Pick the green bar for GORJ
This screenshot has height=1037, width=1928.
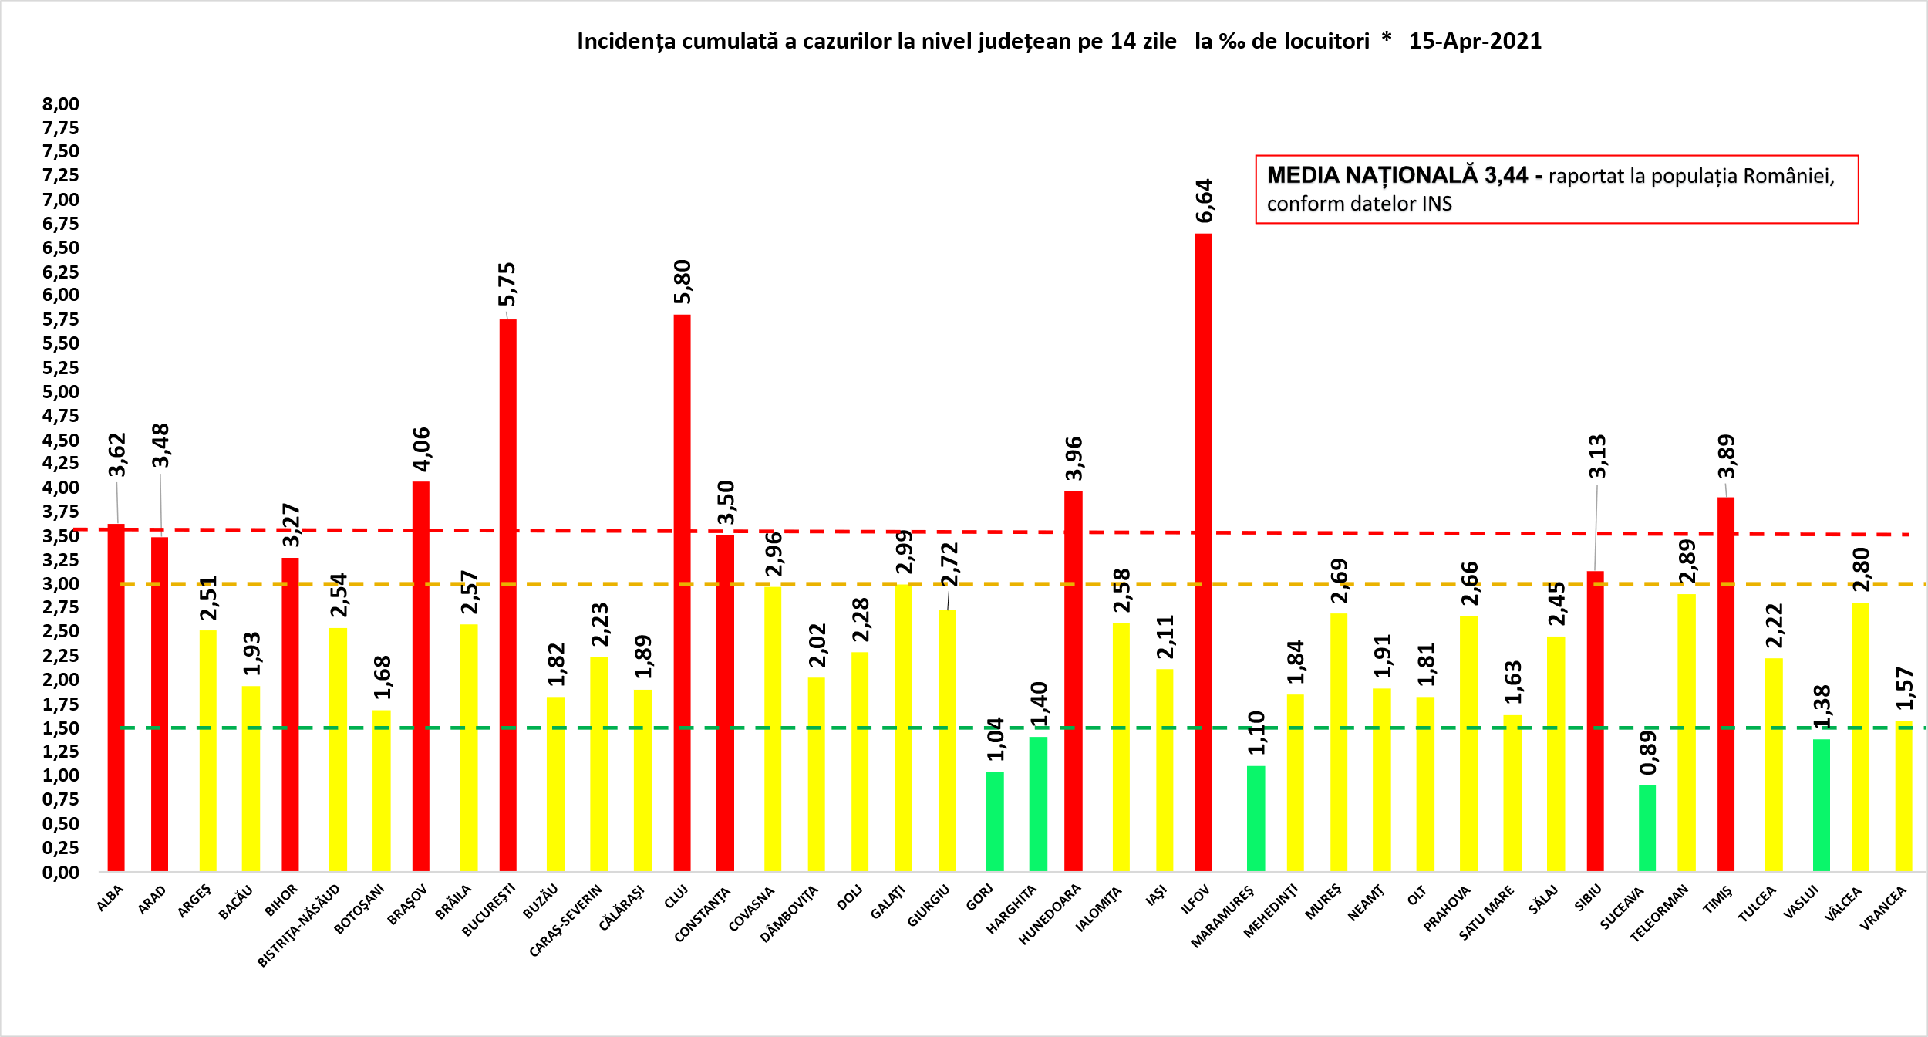coord(995,821)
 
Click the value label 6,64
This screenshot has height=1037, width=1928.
coord(1205,201)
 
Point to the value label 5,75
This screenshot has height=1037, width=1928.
coord(507,284)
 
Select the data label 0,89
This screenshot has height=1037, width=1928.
coord(1648,752)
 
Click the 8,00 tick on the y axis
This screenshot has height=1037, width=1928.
coord(61,104)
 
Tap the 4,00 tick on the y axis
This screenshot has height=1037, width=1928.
coord(61,488)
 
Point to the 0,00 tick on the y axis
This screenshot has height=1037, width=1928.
coord(61,873)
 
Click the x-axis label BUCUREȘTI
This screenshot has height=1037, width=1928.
coord(487,911)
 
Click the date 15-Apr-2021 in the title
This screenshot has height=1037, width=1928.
coord(1475,42)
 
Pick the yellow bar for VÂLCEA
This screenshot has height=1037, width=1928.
coord(1860,737)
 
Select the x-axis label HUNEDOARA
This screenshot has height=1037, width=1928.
coord(1050,915)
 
